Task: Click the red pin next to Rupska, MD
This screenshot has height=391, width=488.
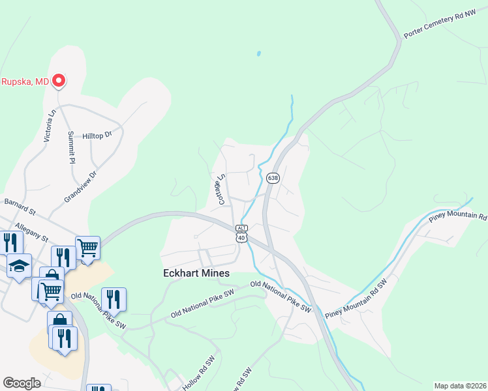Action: pyautogui.click(x=59, y=81)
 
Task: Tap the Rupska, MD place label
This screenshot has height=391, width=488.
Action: pyautogui.click(x=25, y=81)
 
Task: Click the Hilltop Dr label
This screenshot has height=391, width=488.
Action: pyautogui.click(x=98, y=136)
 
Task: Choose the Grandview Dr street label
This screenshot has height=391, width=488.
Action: pyautogui.click(x=80, y=185)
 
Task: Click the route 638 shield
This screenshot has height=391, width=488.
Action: pyautogui.click(x=273, y=178)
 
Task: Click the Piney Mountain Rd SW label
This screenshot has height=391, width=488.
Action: pyautogui.click(x=356, y=297)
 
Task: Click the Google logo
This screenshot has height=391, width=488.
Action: pyautogui.click(x=22, y=383)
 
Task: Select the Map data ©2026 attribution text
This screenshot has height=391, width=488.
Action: pyautogui.click(x=460, y=386)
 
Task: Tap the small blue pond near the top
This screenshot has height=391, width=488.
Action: pyautogui.click(x=259, y=53)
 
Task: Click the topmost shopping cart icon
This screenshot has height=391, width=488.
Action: pyautogui.click(x=87, y=247)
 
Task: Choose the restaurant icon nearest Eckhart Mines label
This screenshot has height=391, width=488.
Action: pyautogui.click(x=114, y=299)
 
